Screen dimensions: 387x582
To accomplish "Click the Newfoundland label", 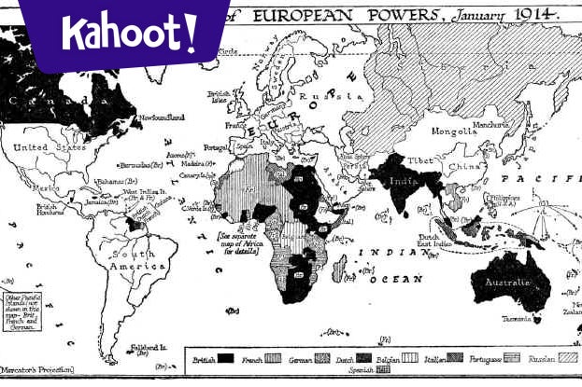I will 162,117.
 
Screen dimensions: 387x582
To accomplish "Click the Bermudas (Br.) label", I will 145,163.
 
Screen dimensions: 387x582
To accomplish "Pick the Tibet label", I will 419,159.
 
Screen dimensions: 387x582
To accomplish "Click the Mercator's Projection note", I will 37,370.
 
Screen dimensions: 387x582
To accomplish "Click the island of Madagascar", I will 341,270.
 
